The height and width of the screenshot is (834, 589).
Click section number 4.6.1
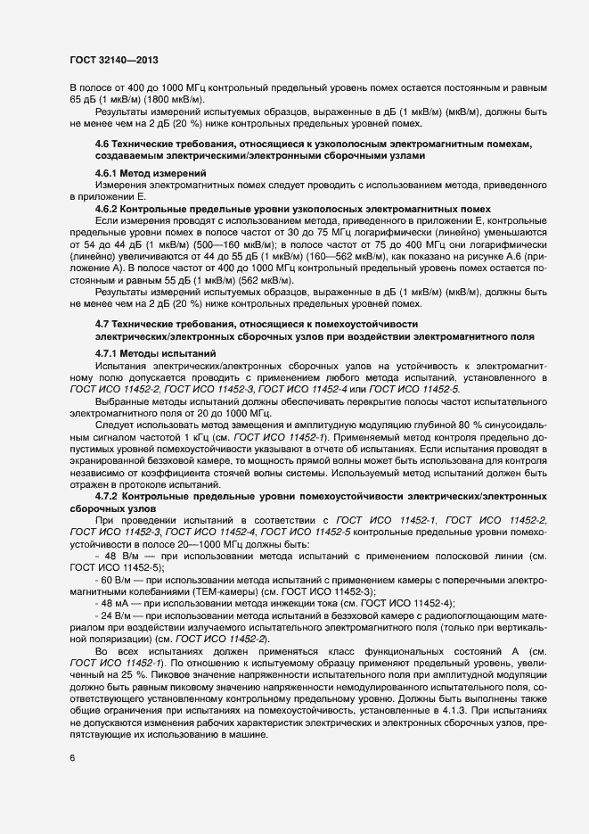(110, 173)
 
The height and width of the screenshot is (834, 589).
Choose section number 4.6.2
(110, 208)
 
